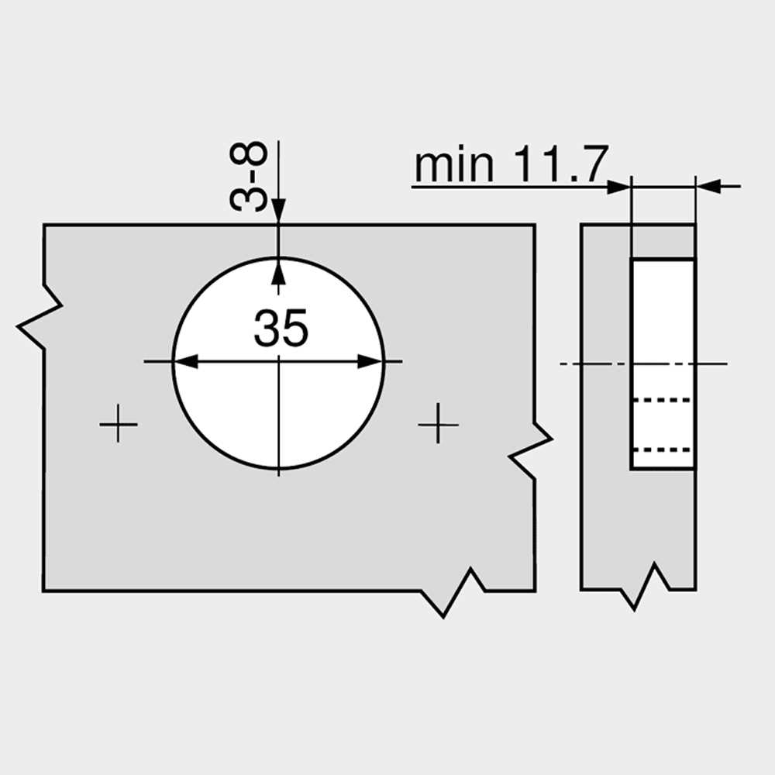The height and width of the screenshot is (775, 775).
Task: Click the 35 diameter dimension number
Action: click(x=281, y=328)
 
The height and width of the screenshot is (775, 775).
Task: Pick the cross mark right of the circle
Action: click(x=438, y=423)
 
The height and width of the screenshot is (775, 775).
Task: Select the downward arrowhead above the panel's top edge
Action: click(x=278, y=212)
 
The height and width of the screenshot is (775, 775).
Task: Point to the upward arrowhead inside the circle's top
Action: click(x=278, y=270)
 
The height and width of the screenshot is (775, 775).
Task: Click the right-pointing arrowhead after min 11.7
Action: click(x=618, y=186)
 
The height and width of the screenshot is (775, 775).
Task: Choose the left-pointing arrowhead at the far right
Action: click(x=708, y=186)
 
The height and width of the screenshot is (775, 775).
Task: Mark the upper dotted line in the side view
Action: click(x=663, y=400)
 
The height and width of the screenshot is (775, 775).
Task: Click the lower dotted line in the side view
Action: click(x=663, y=449)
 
